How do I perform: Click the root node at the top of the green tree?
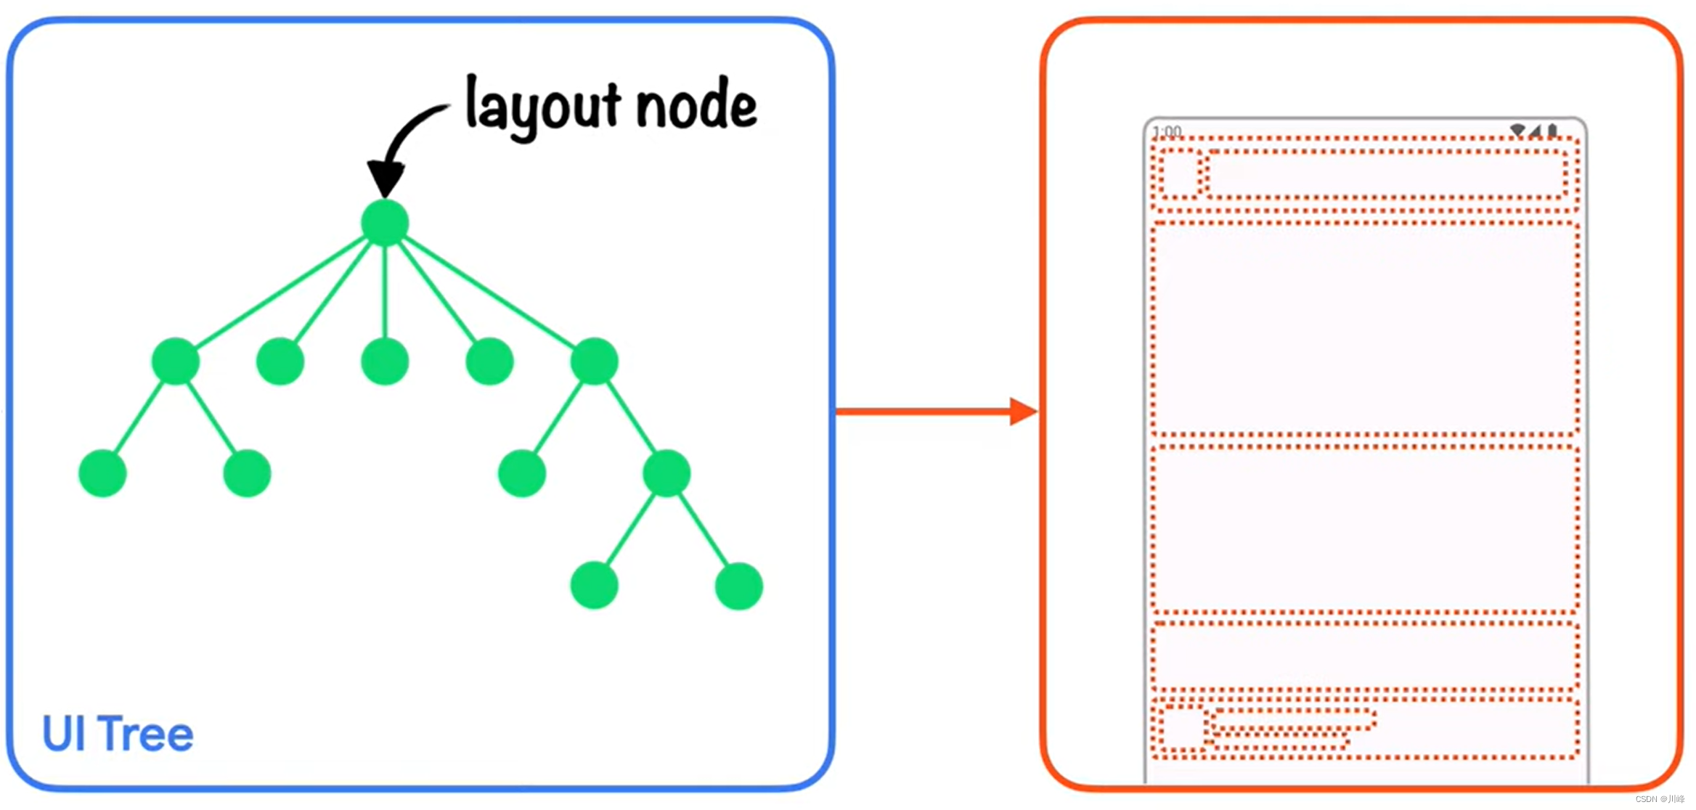pyautogui.click(x=385, y=222)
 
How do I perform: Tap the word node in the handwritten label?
pyautogui.click(x=696, y=106)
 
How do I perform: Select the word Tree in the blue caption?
pyautogui.click(x=146, y=734)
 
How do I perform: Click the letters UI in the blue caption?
pyautogui.click(x=65, y=734)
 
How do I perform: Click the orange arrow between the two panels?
pyautogui.click(x=937, y=412)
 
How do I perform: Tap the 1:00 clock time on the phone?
pyautogui.click(x=1167, y=131)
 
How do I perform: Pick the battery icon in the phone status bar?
pyautogui.click(x=1552, y=131)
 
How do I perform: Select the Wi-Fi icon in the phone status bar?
pyautogui.click(x=1517, y=131)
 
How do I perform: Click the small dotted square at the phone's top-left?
pyautogui.click(x=1179, y=173)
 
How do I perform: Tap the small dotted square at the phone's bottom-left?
pyautogui.click(x=1182, y=728)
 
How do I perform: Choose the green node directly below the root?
pyautogui.click(x=385, y=361)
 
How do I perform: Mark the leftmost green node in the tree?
pyautogui.click(x=102, y=473)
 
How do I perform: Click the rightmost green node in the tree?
pyautogui.click(x=738, y=586)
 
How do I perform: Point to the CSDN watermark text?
pyautogui.click(x=1660, y=799)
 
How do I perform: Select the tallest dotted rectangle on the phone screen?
pyautogui.click(x=1365, y=328)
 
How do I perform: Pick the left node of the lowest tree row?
pyautogui.click(x=594, y=586)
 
